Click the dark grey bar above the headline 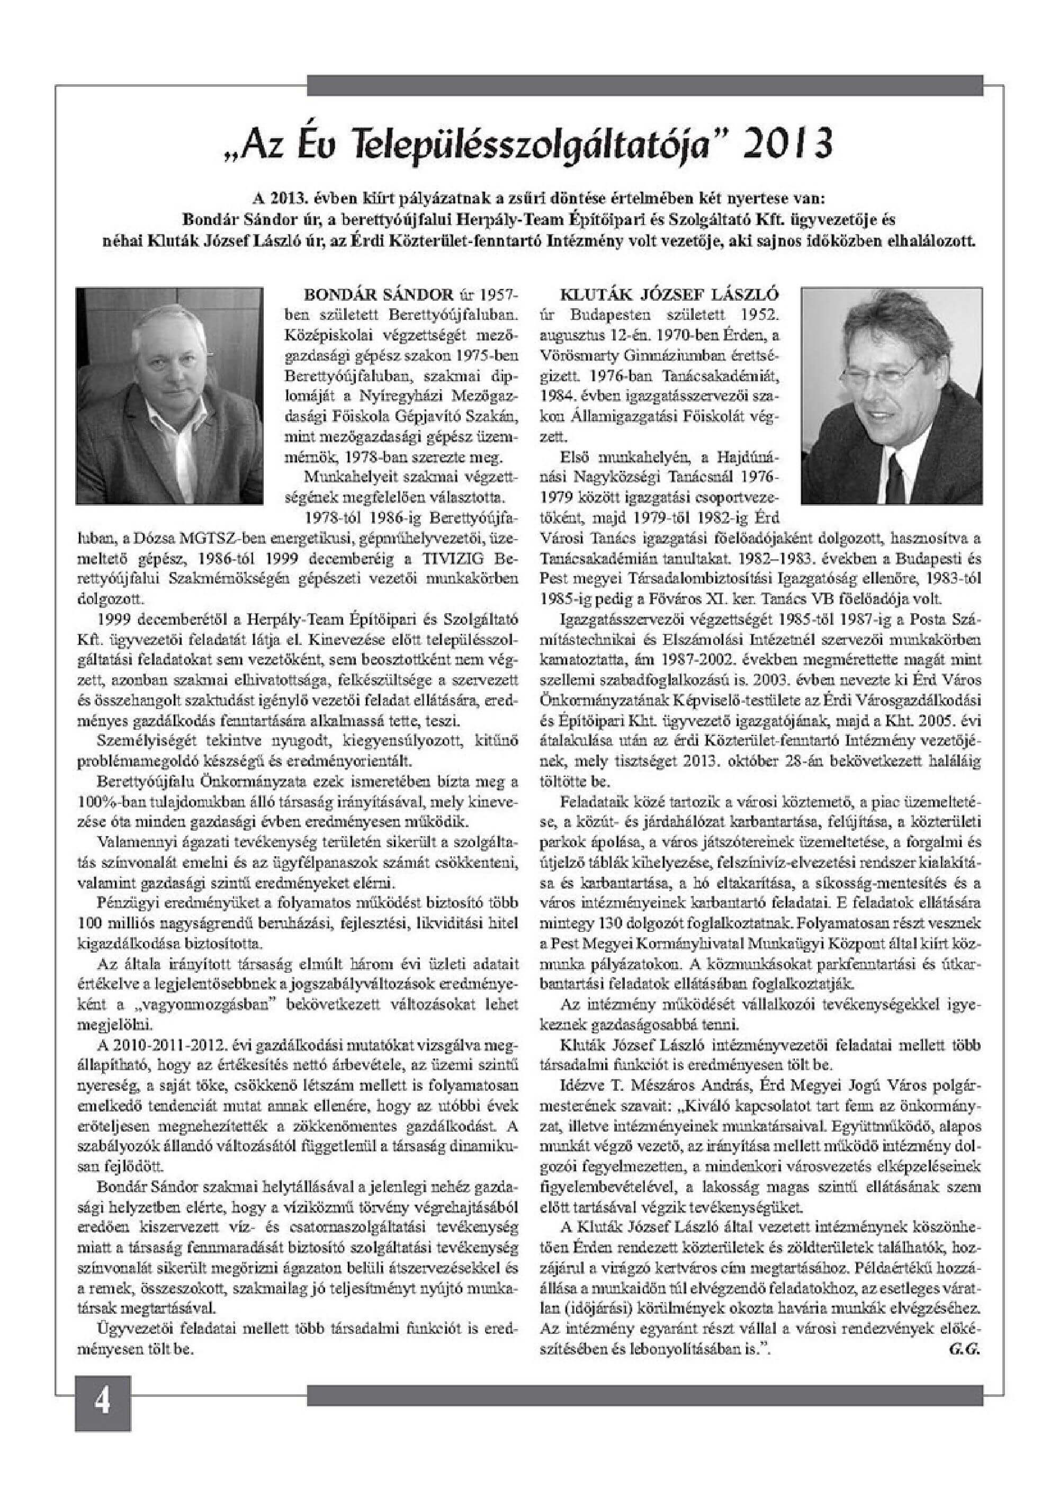pyautogui.click(x=644, y=85)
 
